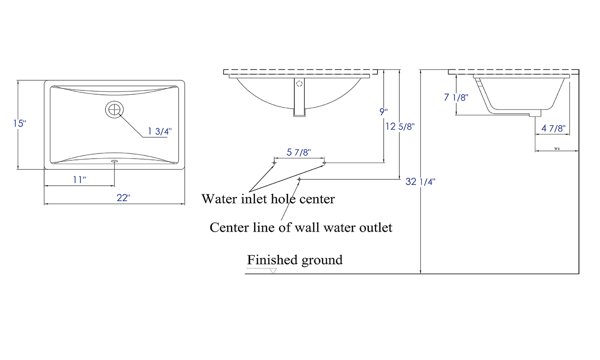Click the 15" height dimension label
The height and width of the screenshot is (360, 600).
coord(19,124)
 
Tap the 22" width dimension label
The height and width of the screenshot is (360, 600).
coord(123,198)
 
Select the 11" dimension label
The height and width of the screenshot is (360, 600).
coord(79,180)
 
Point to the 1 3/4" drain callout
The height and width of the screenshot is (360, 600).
coord(160,132)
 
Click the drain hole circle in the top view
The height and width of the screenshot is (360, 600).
coord(114,109)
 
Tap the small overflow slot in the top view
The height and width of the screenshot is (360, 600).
coord(114,161)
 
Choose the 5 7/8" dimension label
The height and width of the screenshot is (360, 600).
coord(299,152)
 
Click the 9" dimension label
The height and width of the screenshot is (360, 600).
coord(383,112)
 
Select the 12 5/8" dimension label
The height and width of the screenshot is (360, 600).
coord(400,127)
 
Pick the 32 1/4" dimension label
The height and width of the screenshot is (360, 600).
coord(421,181)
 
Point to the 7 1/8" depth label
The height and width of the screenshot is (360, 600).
coord(456,98)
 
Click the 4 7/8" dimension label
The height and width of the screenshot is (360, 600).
coord(553,128)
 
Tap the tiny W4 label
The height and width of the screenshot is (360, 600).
coord(556,149)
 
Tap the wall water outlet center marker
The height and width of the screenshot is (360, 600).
coord(299,179)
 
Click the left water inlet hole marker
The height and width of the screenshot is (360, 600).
coord(274,163)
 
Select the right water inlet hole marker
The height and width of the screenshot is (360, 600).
coord(324,163)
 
